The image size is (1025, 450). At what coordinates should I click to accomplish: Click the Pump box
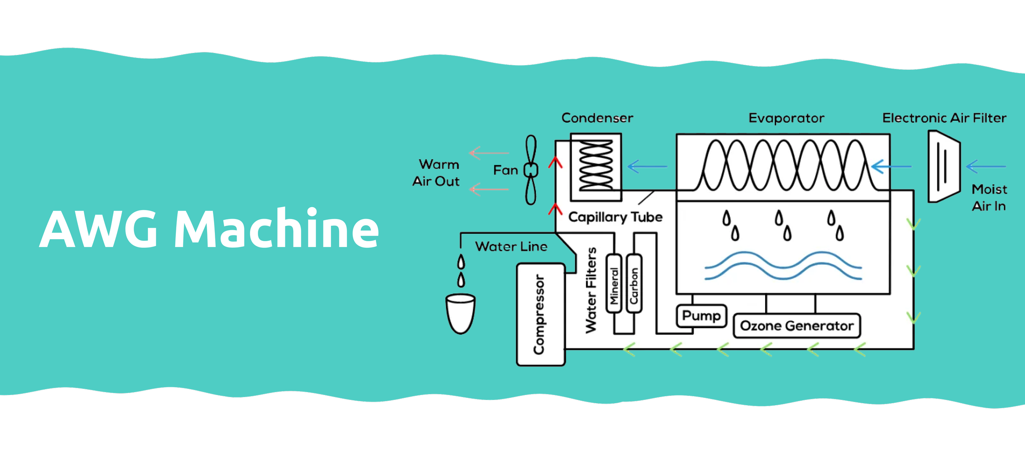coord(701,316)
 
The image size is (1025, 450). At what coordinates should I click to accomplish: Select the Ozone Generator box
coord(797,326)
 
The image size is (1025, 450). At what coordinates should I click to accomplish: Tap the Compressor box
coord(540,315)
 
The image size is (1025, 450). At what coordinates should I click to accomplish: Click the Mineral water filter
coord(614,283)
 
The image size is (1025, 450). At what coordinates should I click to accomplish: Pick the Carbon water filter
coord(634,283)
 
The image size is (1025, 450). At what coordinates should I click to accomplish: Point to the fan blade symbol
coord(531,170)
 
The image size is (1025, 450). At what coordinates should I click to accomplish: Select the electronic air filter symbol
coord(944,167)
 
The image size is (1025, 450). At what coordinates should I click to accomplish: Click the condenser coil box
coord(596,167)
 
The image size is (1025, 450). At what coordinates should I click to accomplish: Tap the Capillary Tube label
coord(615,217)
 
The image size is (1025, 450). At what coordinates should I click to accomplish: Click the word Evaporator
coord(786,118)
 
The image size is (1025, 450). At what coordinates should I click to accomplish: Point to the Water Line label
coord(511,247)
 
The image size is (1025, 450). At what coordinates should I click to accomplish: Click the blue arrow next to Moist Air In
coord(986,167)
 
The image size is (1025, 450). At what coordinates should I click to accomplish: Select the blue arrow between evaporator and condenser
coord(647,167)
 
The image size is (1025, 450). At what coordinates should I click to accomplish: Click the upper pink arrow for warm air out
coord(489,153)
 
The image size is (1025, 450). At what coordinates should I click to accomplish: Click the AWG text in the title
coord(98,229)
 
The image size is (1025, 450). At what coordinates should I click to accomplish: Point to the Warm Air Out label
coord(436,173)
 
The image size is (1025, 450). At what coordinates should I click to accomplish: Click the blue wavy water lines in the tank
coord(783,266)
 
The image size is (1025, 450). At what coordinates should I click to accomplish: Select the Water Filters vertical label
coord(590,290)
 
